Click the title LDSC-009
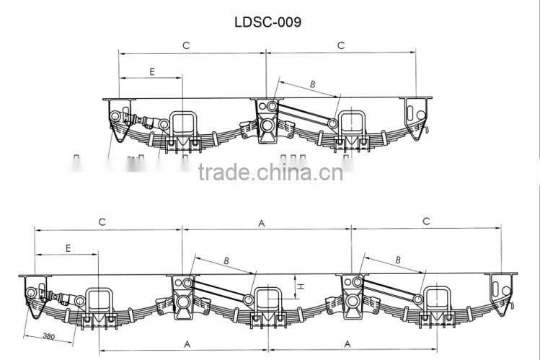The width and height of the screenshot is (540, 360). pos(267,22)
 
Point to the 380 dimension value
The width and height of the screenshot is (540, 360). pos(49,336)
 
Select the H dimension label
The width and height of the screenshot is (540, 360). pos(302,286)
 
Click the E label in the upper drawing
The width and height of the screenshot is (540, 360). pos(151,71)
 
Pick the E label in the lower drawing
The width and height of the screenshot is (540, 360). pos(68,247)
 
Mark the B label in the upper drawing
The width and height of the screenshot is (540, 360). pos(312,84)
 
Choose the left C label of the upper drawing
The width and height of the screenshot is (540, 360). pos(185,45)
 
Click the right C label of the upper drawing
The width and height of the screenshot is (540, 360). pos(341,45)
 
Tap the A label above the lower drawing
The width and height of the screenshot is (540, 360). pos(262,223)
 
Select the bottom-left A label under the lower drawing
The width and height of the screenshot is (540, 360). pos(187,343)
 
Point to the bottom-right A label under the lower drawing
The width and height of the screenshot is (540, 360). pos(348,343)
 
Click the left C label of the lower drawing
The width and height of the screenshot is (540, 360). pos(102,222)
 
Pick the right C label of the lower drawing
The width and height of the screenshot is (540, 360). pos(427,222)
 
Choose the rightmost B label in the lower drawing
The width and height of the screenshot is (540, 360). pos(397,259)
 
